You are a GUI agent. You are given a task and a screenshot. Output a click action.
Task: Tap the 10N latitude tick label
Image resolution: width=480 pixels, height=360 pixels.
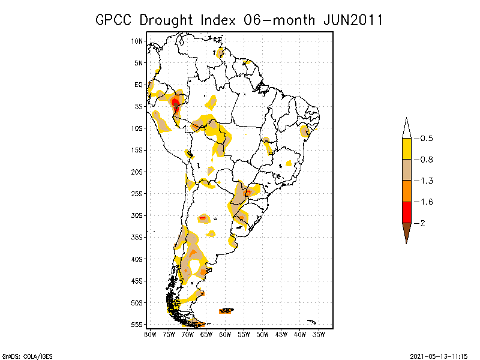pyautogui.click(x=137, y=41)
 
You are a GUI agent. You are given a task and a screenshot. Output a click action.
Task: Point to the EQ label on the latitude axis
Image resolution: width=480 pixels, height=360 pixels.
pyautogui.click(x=139, y=85)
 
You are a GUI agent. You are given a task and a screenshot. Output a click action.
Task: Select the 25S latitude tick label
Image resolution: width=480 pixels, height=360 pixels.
pyautogui.click(x=137, y=193)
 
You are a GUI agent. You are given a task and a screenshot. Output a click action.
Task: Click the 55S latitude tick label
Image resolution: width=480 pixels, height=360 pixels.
pyautogui.click(x=137, y=324)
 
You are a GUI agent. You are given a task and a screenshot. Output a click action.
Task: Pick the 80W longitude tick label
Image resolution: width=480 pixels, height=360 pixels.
pyautogui.click(x=150, y=334)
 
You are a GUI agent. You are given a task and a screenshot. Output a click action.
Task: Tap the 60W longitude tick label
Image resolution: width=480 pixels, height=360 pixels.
pyautogui.click(x=225, y=334)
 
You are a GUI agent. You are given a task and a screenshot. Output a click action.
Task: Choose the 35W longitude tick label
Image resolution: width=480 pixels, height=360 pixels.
pyautogui.click(x=319, y=334)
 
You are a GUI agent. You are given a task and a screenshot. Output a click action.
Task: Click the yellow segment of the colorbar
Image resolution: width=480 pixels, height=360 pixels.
pyautogui.click(x=406, y=149)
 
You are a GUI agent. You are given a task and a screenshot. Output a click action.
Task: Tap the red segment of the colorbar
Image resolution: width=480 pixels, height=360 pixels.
pyautogui.click(x=406, y=212)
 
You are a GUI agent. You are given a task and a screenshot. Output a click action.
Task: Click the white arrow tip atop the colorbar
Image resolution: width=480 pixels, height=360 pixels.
pyautogui.click(x=406, y=128)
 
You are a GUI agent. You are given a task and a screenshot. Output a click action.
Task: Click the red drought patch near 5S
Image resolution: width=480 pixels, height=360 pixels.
pyautogui.click(x=175, y=106)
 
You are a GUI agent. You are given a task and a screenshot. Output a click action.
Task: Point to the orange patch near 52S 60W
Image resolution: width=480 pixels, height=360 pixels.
pyautogui.click(x=226, y=310)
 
